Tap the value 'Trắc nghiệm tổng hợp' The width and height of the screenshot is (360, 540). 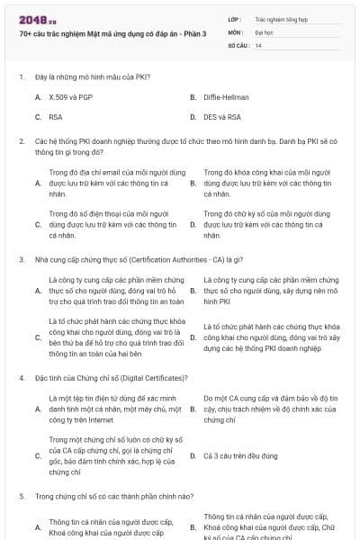click(280, 18)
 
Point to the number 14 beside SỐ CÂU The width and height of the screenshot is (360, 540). click(258, 44)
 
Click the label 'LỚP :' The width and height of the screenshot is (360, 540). click(236, 18)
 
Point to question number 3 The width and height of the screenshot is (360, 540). click(21, 259)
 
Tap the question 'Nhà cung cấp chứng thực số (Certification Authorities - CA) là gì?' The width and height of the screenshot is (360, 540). click(132, 259)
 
